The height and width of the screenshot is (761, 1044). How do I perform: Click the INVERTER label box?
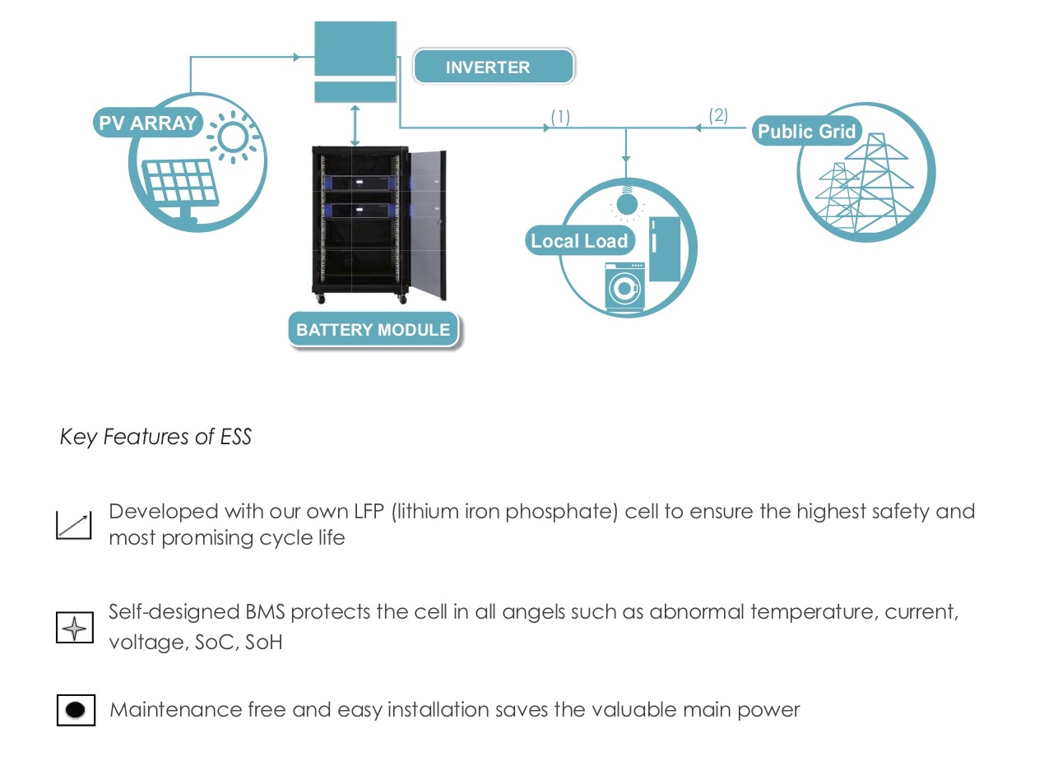tap(494, 66)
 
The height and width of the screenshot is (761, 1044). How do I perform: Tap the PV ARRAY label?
tap(148, 123)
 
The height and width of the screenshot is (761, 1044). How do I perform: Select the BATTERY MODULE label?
tap(374, 329)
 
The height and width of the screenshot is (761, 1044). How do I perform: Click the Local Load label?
tap(580, 241)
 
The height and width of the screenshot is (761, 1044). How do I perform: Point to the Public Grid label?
tap(807, 131)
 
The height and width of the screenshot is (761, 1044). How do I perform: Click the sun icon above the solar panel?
tap(233, 137)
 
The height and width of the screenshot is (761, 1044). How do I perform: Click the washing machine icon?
tap(625, 286)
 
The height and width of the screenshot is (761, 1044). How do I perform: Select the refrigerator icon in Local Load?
tap(665, 249)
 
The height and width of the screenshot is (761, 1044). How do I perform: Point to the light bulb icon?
tap(627, 202)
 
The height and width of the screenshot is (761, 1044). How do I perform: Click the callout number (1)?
tap(560, 117)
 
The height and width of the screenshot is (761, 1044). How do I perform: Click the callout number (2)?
tap(718, 115)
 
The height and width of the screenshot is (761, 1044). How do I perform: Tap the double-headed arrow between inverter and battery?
tap(355, 125)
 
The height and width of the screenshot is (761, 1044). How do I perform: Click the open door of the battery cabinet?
tap(427, 224)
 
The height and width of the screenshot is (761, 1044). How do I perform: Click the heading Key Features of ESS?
tap(155, 437)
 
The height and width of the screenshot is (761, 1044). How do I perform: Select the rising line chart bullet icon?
tap(74, 525)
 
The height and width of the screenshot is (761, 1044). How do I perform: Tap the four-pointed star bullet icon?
tap(75, 627)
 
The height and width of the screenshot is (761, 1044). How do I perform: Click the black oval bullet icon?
tap(76, 710)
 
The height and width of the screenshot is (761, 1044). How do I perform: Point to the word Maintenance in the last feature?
tap(175, 710)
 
